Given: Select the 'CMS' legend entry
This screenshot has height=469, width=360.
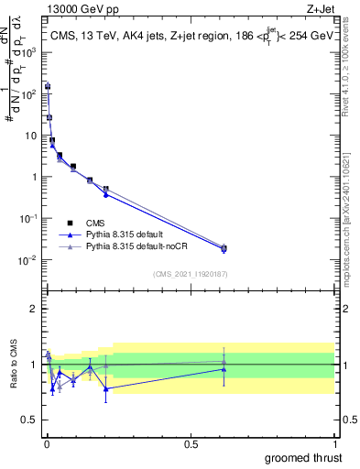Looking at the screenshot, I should (x=95, y=222).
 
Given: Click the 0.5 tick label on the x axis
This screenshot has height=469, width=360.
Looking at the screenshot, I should (x=191, y=442).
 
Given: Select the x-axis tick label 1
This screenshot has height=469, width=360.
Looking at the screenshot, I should (x=334, y=442).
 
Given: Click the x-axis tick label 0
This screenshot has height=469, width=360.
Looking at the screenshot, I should (x=47, y=442).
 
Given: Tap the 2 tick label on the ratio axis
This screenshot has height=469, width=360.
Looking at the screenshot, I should (x=35, y=309).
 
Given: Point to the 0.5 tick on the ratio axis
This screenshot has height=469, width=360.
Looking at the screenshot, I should (x=30, y=420).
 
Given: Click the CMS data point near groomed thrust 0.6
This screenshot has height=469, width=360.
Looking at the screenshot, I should (x=224, y=248).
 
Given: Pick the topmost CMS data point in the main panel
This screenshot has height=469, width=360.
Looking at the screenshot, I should (x=48, y=86).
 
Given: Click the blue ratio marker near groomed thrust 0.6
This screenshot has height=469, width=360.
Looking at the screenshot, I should (x=224, y=369).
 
